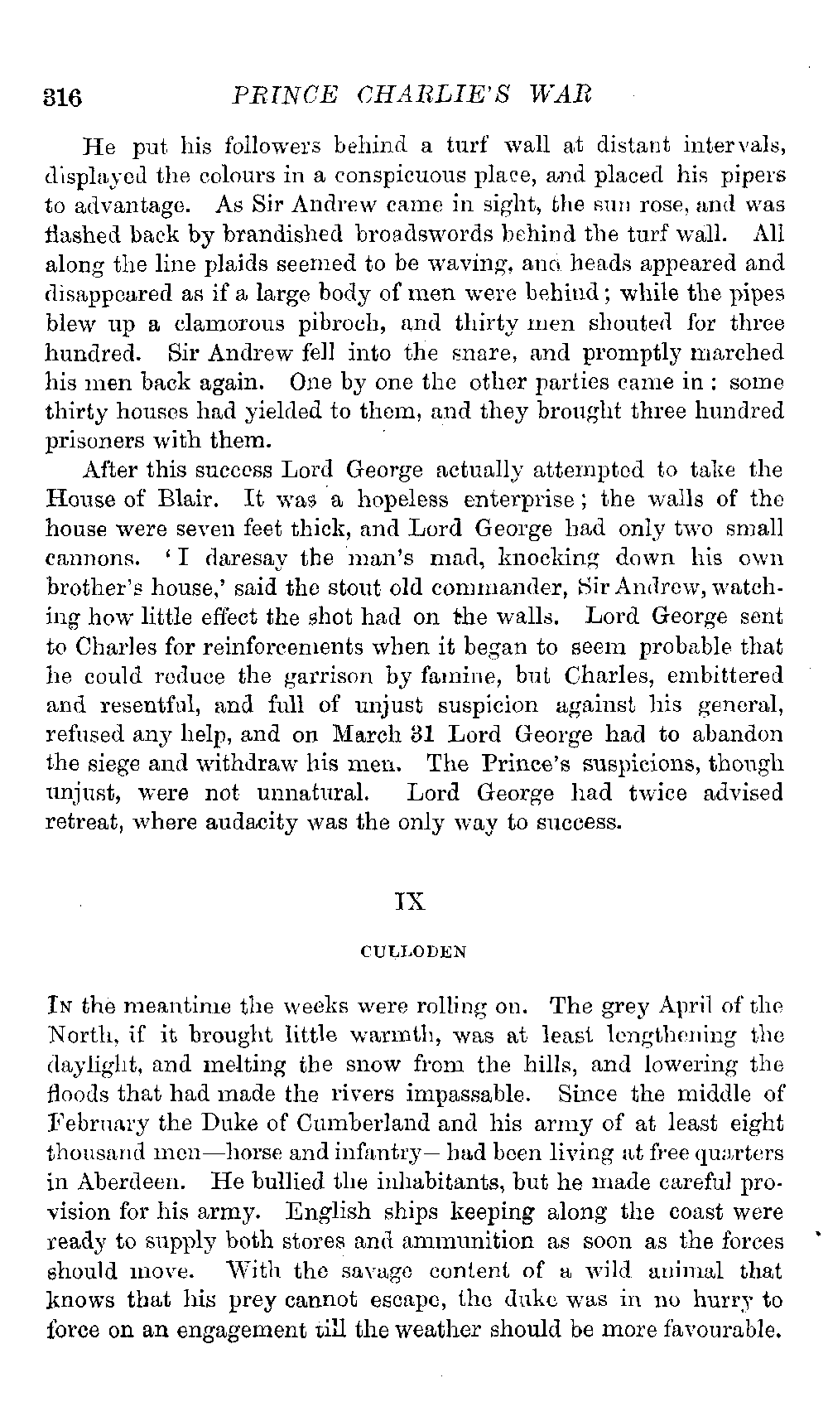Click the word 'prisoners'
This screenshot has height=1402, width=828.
pyautogui.click(x=93, y=441)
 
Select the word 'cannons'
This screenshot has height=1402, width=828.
pyautogui.click(x=91, y=558)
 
